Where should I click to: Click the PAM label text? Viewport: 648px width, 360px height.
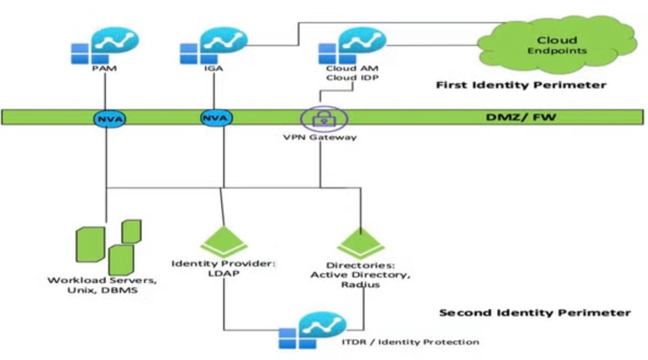(105, 69)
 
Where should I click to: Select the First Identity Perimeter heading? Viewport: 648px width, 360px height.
(521, 85)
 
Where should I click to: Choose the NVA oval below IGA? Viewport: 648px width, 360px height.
(216, 118)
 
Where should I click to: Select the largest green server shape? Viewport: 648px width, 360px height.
(90, 244)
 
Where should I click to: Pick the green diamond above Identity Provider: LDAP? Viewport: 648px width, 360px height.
(224, 241)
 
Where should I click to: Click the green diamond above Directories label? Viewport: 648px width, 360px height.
(360, 241)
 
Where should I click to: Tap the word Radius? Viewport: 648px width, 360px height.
(360, 285)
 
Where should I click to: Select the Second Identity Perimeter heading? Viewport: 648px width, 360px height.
(535, 313)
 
